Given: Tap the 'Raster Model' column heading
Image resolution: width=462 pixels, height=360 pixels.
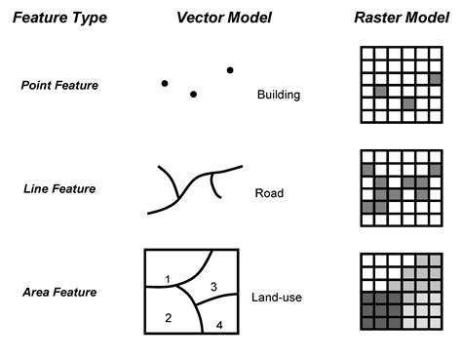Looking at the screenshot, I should pyautogui.click(x=395, y=18).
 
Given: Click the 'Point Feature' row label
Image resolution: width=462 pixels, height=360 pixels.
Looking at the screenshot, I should pyautogui.click(x=59, y=85).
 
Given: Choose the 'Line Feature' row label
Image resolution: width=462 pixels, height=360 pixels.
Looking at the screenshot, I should pyautogui.click(x=59, y=188).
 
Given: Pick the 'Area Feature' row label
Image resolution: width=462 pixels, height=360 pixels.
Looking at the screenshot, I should pyautogui.click(x=59, y=292).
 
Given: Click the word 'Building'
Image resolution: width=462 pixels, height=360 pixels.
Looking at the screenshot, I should pyautogui.click(x=278, y=96).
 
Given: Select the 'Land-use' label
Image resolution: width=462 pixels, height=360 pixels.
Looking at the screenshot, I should pyautogui.click(x=275, y=298).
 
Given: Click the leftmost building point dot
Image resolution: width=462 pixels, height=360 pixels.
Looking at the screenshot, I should pyautogui.click(x=164, y=82).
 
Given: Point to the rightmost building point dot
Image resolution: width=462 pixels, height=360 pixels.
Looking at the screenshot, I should pyautogui.click(x=230, y=69).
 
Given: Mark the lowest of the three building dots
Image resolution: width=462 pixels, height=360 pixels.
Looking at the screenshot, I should pyautogui.click(x=194, y=94).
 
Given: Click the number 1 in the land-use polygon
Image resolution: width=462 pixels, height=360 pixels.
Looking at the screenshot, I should pyautogui.click(x=168, y=280).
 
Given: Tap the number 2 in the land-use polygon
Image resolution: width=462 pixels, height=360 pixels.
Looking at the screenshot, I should pyautogui.click(x=168, y=318).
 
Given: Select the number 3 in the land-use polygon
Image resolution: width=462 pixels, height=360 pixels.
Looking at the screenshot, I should pyautogui.click(x=213, y=286).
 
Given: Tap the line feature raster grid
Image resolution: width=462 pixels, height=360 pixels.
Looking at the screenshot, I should pyautogui.click(x=395, y=188).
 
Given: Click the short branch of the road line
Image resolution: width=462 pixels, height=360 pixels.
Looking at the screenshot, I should pyautogui.click(x=217, y=187).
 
